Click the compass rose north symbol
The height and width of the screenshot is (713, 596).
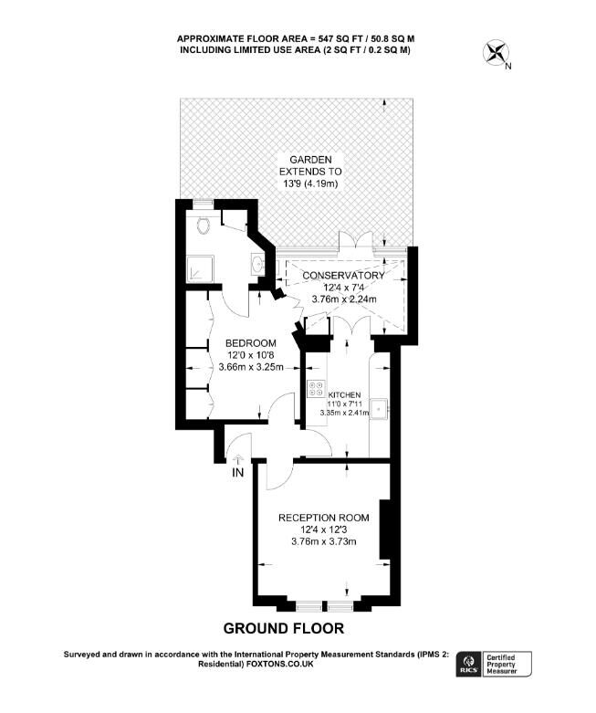click(x=497, y=54)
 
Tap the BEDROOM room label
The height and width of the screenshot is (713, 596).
click(x=251, y=343)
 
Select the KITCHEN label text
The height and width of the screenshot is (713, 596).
click(x=344, y=395)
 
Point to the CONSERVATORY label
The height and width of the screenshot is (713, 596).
click(x=344, y=276)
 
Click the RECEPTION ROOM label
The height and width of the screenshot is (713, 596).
click(x=324, y=518)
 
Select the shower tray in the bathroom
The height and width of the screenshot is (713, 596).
click(x=200, y=267)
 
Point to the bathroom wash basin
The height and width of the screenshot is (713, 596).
click(x=257, y=263)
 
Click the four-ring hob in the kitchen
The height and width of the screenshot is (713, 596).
click(x=316, y=388)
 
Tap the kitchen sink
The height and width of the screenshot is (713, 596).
click(x=378, y=408)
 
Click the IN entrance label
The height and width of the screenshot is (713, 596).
click(x=238, y=473)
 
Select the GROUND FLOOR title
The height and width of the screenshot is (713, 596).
click(x=284, y=628)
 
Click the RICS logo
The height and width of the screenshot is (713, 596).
click(x=468, y=664)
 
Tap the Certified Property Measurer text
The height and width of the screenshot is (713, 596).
click(x=502, y=665)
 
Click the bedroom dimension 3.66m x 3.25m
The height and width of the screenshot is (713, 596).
click(x=251, y=367)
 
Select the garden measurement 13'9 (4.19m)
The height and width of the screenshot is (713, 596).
click(x=310, y=183)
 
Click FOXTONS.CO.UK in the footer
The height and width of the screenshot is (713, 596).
click(x=279, y=664)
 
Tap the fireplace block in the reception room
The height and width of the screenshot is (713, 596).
click(x=385, y=530)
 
